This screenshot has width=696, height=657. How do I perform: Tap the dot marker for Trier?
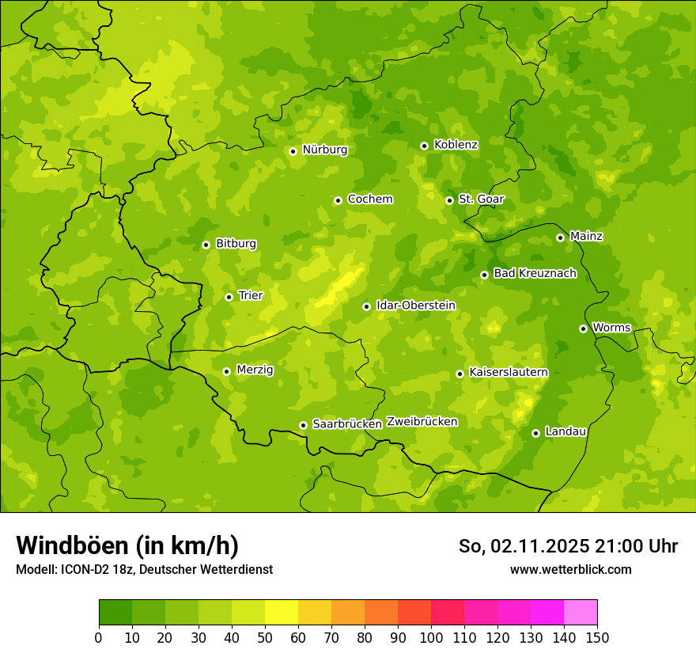click(x=229, y=297)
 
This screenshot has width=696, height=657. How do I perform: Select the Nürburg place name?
click(x=324, y=150)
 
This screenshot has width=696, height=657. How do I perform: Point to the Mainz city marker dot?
click(x=560, y=237)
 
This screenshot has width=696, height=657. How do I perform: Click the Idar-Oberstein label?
click(x=415, y=306)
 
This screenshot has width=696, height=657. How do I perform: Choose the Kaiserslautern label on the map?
click(x=508, y=372)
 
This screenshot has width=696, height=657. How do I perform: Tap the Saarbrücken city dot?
click(x=303, y=425)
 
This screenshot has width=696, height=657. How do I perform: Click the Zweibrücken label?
click(x=422, y=422)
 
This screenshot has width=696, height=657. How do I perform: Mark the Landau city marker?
click(x=535, y=433)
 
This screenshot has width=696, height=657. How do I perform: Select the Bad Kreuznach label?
click(x=535, y=273)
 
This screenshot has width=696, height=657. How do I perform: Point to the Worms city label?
click(x=611, y=328)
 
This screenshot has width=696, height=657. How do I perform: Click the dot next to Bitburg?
click(x=206, y=245)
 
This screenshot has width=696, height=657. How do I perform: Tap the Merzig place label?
click(x=255, y=370)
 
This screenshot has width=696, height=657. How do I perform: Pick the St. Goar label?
click(x=481, y=199)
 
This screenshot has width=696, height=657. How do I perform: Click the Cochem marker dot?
click(x=338, y=200)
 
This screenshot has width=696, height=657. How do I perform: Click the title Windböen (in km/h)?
click(x=127, y=545)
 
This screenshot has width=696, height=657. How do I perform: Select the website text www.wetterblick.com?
click(x=570, y=569)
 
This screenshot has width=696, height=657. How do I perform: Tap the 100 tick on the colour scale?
click(x=431, y=637)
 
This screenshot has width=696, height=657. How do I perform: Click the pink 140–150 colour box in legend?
click(x=581, y=613)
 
